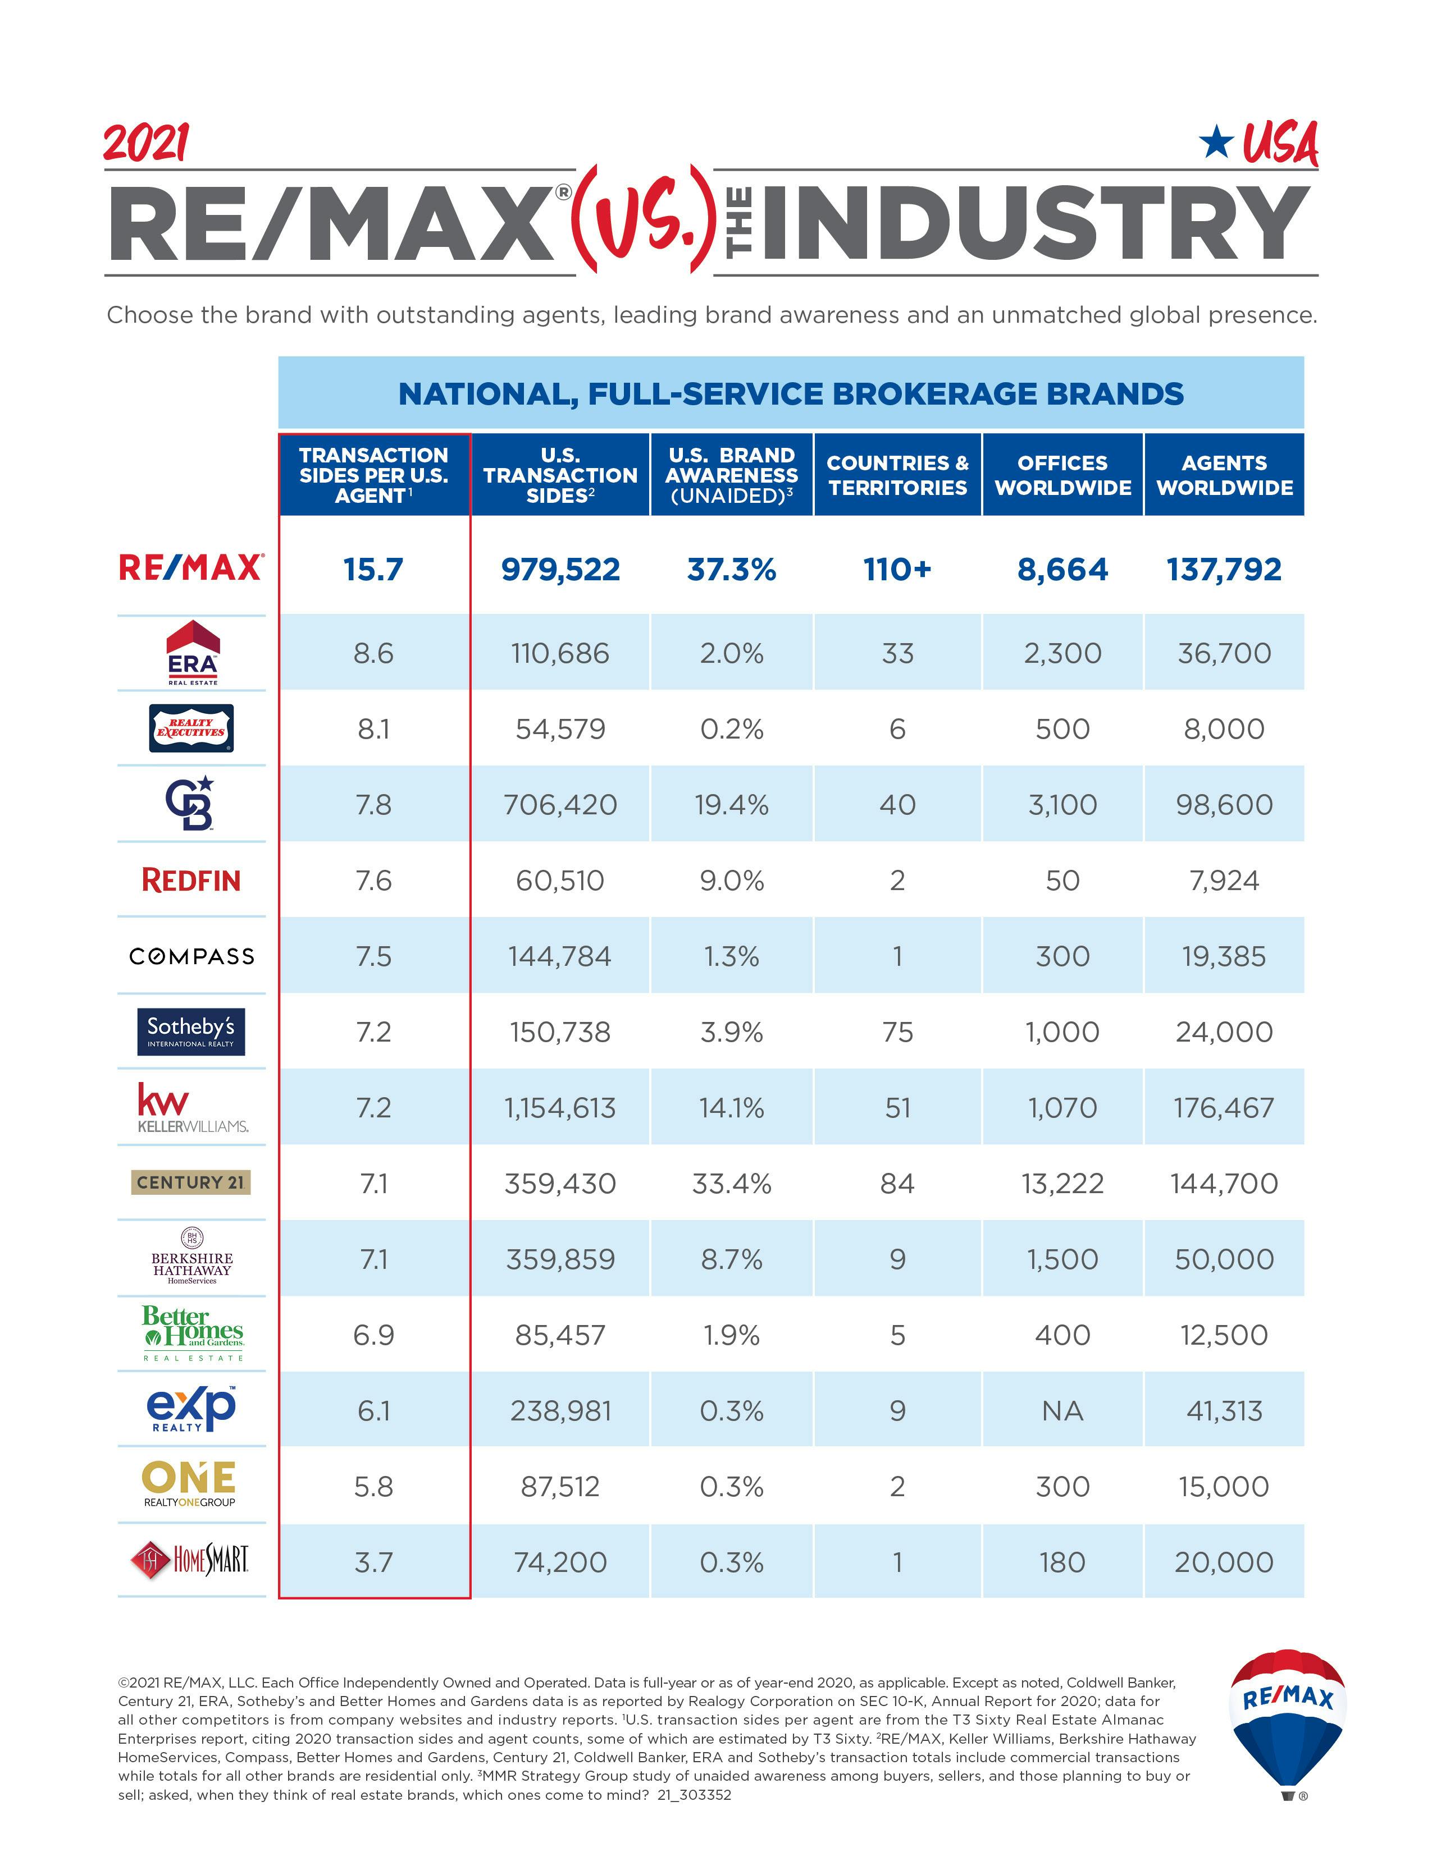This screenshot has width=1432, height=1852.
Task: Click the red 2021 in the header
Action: coord(146,143)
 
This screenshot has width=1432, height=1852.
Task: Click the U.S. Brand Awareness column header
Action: coord(731,475)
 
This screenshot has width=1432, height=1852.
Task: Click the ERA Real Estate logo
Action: coord(193,652)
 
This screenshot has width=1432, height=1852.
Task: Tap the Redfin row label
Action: coord(191,880)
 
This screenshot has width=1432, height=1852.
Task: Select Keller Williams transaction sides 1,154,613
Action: coord(560,1107)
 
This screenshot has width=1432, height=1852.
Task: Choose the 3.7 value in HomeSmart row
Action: coord(373,1562)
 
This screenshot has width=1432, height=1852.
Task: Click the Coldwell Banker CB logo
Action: coord(189,803)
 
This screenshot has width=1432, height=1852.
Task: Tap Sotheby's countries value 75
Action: coord(897,1032)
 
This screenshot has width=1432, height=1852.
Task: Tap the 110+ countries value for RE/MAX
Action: coord(897,569)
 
